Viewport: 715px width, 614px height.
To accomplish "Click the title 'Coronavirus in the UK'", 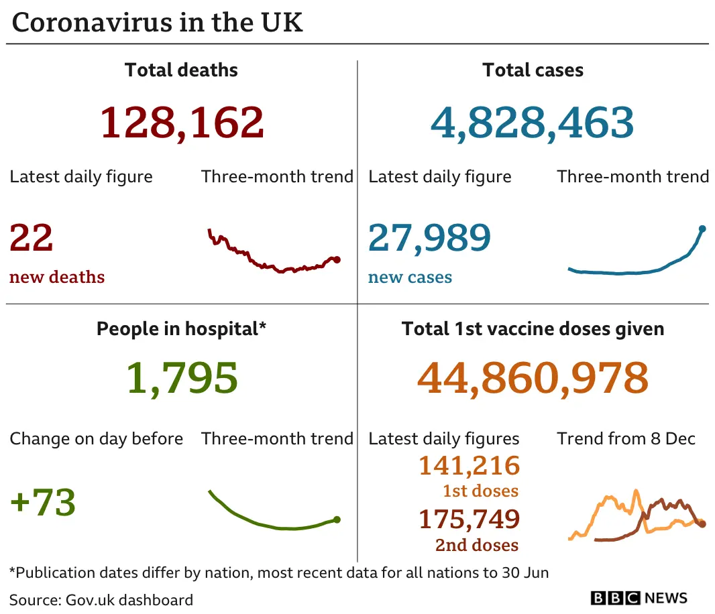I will pos(158,23).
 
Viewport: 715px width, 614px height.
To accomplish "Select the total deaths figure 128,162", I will pos(182,123).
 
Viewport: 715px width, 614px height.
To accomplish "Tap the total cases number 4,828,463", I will pos(532,123).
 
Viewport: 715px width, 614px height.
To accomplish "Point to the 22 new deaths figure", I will pos(32,238).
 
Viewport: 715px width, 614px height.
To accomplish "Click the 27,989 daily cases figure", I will pos(429,238).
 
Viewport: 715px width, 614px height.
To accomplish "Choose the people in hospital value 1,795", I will pos(182,378).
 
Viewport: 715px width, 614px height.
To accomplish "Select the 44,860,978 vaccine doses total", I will pos(533,378).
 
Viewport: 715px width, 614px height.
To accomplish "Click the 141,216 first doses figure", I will pos(470,465).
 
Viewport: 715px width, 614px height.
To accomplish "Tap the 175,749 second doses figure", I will pos(470,519).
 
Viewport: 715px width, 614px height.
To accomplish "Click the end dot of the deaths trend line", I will pos(337,259).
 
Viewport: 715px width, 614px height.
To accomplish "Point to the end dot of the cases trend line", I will pos(702,229).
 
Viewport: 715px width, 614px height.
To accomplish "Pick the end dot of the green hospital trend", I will pos(337,519).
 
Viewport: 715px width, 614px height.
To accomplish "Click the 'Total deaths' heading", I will pos(181,70).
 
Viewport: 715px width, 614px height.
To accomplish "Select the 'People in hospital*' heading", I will pos(182,328).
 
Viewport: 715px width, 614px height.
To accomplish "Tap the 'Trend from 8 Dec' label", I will pos(626,439).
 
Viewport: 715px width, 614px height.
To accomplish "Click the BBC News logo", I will pos(639,598).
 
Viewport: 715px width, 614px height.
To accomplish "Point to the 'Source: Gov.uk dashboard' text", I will pos(101,599).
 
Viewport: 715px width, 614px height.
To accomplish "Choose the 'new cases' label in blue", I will pos(410,278).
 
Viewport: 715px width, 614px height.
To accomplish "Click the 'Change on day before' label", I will pos(96,439).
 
